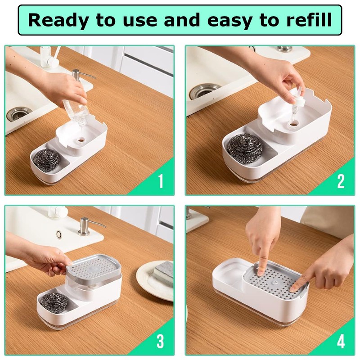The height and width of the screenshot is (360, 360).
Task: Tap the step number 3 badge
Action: click(x=160, y=342)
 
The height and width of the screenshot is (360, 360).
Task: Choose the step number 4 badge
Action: click(x=341, y=342)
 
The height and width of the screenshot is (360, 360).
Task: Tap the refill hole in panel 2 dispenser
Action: click(x=294, y=122)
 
